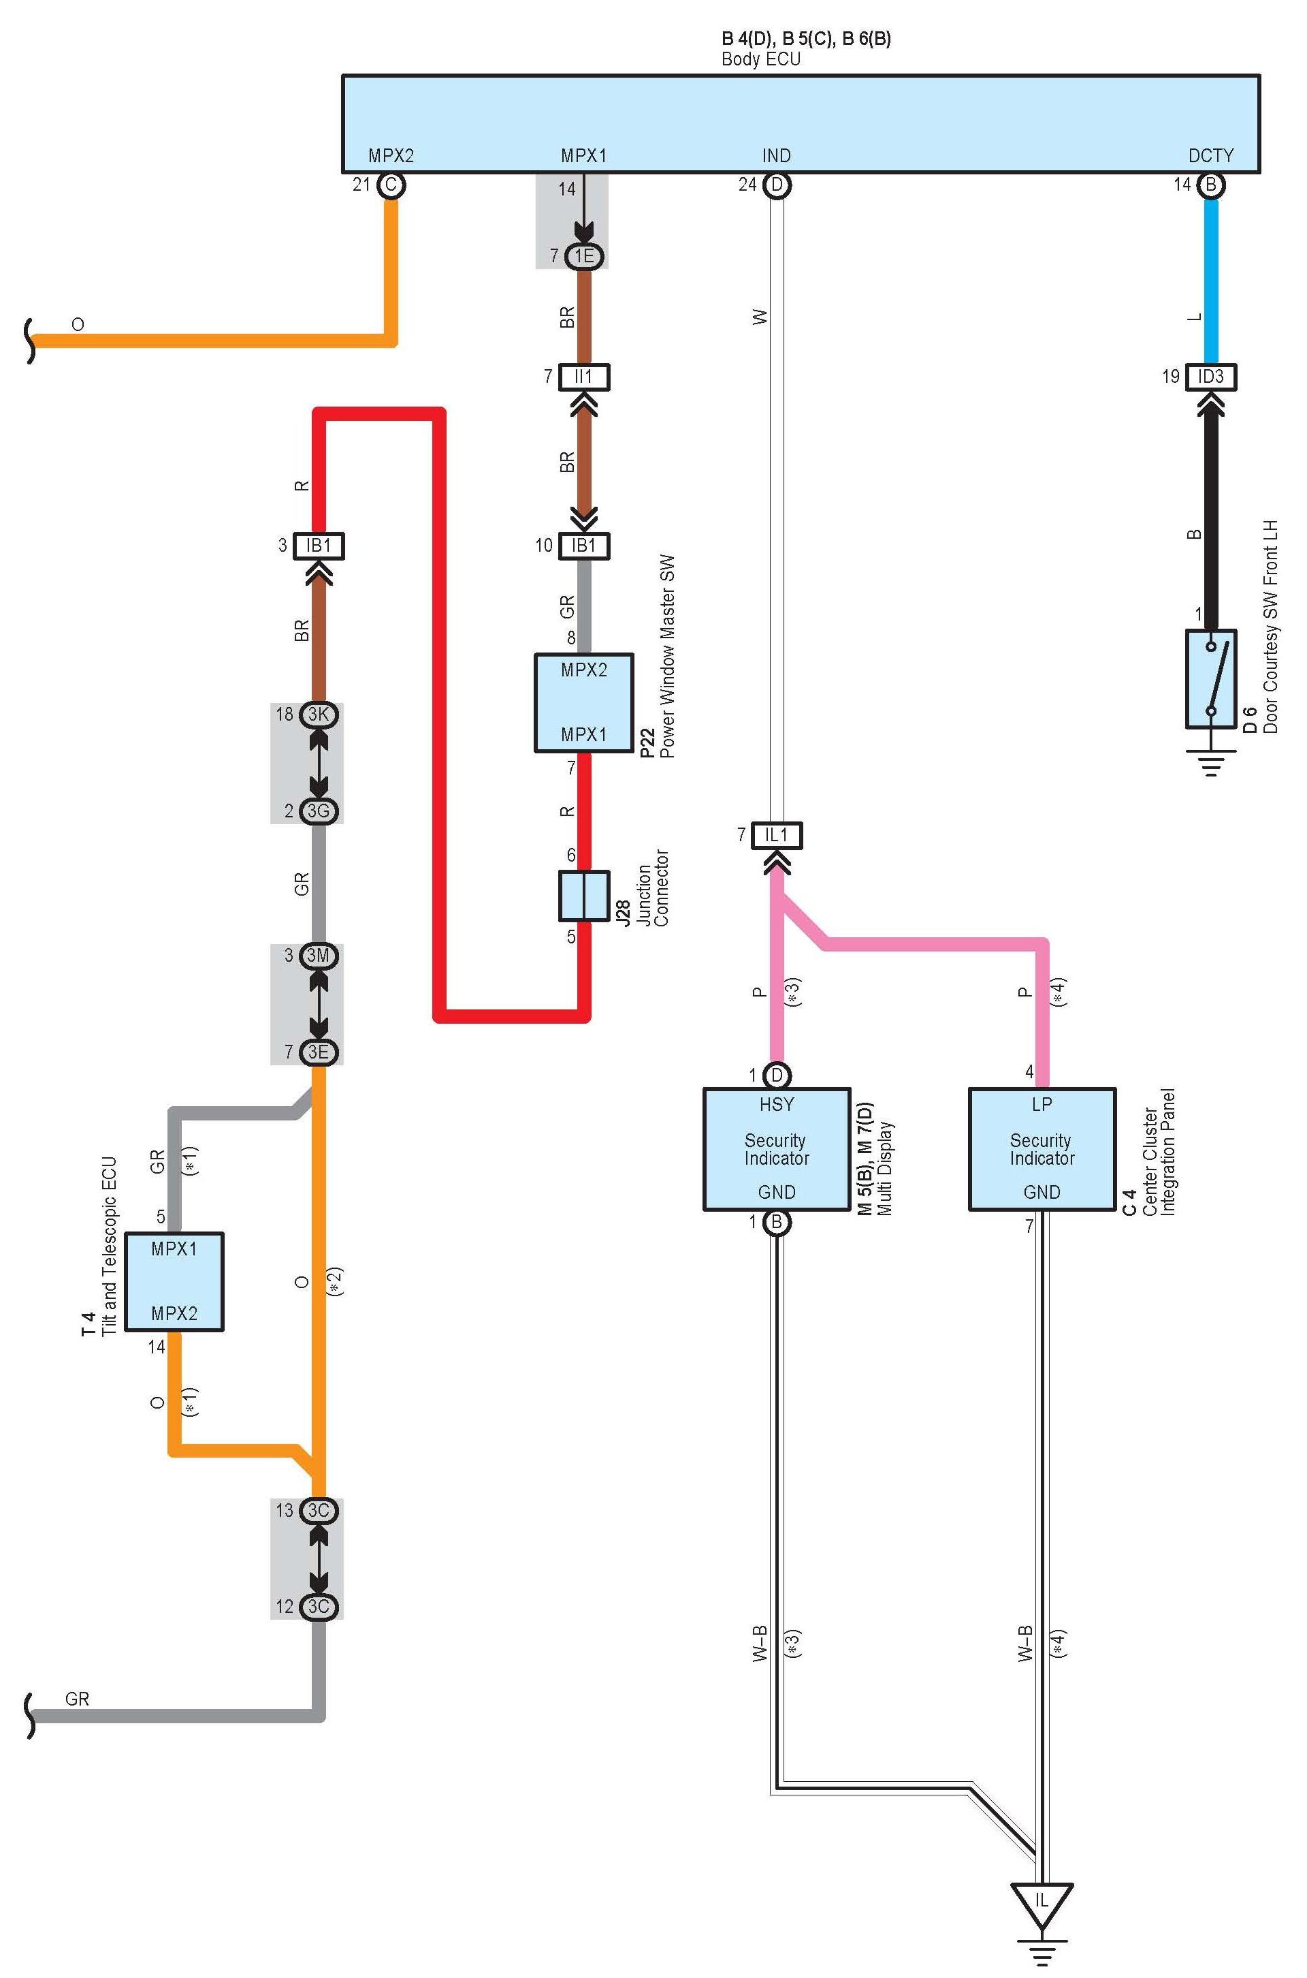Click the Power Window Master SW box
point(583,702)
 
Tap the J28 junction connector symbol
point(583,896)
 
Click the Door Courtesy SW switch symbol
point(1211,679)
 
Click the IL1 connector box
point(777,835)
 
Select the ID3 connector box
point(1211,377)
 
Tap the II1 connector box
point(583,377)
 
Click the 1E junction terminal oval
point(583,256)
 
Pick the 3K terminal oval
point(319,715)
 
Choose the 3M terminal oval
point(319,956)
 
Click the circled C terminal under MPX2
point(391,185)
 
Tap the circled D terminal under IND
point(777,185)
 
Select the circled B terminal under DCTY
point(1211,185)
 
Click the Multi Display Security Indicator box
point(777,1148)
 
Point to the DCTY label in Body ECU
point(1210,156)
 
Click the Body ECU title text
point(760,59)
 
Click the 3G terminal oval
point(319,811)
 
